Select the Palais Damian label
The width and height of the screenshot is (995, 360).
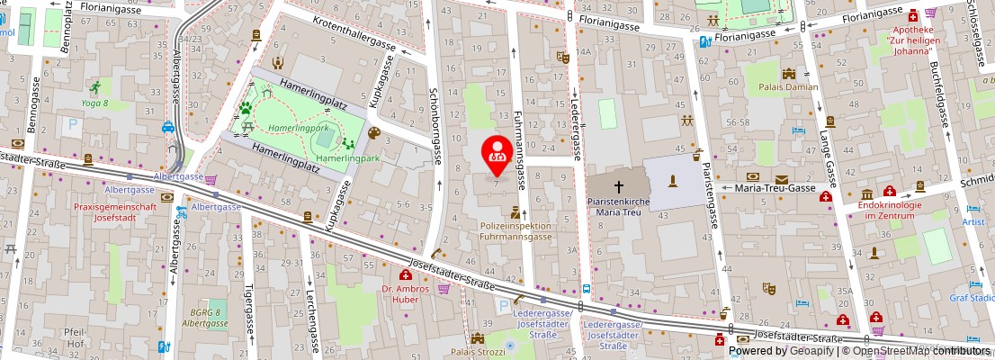pyautogui.click(x=788, y=87)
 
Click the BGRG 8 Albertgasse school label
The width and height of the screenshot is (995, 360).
pyautogui.click(x=204, y=317)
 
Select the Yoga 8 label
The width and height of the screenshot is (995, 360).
pyautogui.click(x=94, y=103)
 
